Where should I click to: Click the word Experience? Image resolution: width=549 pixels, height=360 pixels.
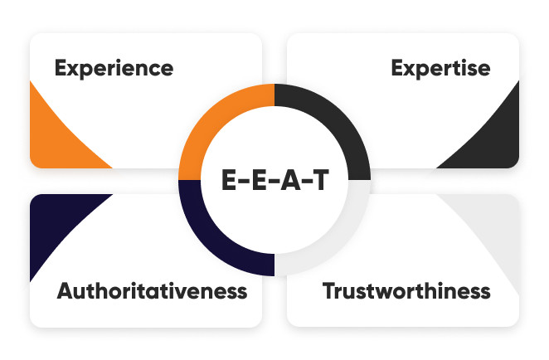point(114,68)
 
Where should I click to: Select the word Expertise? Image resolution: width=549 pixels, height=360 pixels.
point(440,68)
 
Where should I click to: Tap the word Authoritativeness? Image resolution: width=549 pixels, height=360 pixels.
point(152,291)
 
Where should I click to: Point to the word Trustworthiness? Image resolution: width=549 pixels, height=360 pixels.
point(406,291)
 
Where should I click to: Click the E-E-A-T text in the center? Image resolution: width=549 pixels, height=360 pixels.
point(274,179)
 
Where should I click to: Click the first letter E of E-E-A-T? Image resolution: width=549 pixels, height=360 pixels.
point(230,179)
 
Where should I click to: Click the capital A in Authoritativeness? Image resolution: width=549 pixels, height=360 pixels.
point(66,291)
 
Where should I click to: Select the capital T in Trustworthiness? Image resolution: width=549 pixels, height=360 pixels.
point(329,291)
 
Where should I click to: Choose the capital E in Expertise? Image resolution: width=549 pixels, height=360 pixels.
point(397,68)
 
